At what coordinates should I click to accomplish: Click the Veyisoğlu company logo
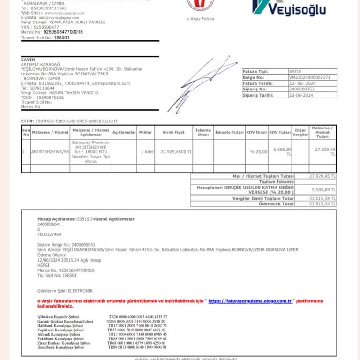[x=289, y=7]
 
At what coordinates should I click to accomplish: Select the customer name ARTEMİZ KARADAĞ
[x=41, y=64]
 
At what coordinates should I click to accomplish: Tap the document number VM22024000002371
[x=309, y=77]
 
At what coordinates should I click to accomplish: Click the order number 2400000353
[x=302, y=89]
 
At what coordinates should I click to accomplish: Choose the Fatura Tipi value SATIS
[x=296, y=71]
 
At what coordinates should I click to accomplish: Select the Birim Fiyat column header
[x=173, y=132]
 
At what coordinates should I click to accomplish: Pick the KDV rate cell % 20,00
[x=258, y=152]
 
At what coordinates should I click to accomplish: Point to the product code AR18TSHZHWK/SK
[x=50, y=152]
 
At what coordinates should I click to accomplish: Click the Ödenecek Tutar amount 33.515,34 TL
[x=322, y=203]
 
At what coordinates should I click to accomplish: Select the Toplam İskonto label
[x=277, y=181]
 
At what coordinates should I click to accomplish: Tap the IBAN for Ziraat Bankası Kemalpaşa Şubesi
[x=137, y=343]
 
